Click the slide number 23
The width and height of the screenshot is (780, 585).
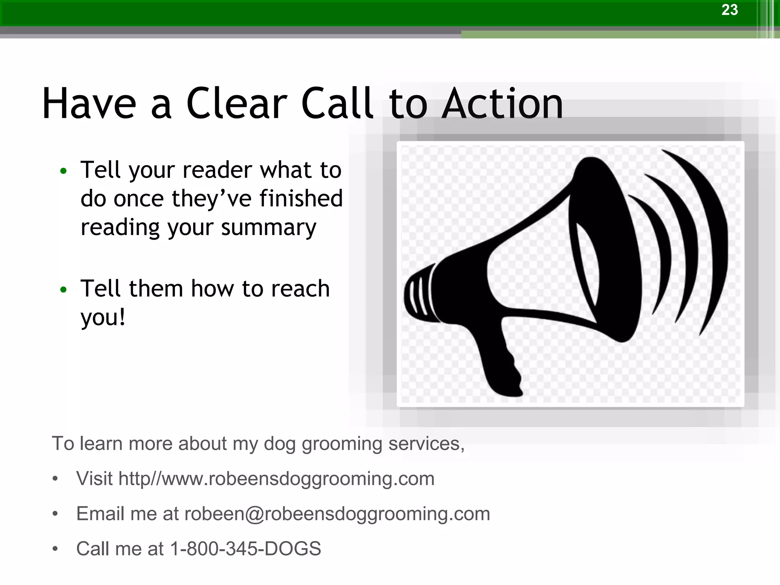729,10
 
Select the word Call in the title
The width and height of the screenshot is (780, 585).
337,104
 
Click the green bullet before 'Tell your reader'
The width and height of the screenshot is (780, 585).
63,171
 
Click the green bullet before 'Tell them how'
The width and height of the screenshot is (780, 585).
63,289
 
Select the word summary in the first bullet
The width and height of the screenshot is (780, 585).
269,228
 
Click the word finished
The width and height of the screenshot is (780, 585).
301,199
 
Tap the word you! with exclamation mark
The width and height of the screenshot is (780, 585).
103,318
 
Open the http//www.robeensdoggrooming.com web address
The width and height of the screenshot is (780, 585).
277,479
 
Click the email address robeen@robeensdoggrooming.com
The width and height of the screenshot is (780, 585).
337,514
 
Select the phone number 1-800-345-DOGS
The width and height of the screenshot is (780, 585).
245,549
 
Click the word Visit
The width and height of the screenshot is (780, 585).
94,479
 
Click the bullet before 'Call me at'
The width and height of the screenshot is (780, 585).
56,549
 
